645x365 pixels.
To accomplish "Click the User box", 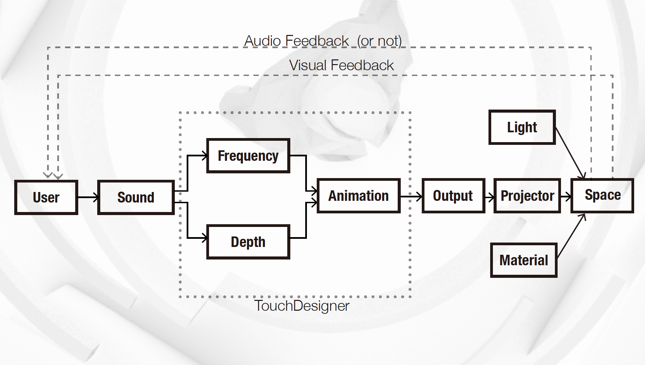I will [x=46, y=197].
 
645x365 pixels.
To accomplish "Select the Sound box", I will [x=136, y=197].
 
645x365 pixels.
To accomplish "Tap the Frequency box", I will [x=248, y=156].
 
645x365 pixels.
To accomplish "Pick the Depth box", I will [x=248, y=242].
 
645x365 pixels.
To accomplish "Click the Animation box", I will [x=358, y=196].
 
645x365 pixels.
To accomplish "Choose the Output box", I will [x=453, y=196].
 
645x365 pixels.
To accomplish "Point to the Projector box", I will [x=527, y=196].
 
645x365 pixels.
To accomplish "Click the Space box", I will [x=602, y=195].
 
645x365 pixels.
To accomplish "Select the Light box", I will [x=522, y=127].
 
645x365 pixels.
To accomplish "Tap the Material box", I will [x=523, y=260].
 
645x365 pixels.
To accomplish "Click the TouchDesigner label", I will [x=301, y=306].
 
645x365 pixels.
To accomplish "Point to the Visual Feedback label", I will [x=341, y=65].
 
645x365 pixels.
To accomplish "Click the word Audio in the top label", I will [x=263, y=41].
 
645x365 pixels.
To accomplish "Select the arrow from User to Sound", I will [x=88, y=197].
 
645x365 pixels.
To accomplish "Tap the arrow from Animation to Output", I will [x=411, y=196].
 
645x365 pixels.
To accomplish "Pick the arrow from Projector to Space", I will [x=566, y=196].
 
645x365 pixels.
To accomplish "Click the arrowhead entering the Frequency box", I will [x=204, y=156].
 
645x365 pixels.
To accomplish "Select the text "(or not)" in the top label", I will [x=379, y=41].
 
